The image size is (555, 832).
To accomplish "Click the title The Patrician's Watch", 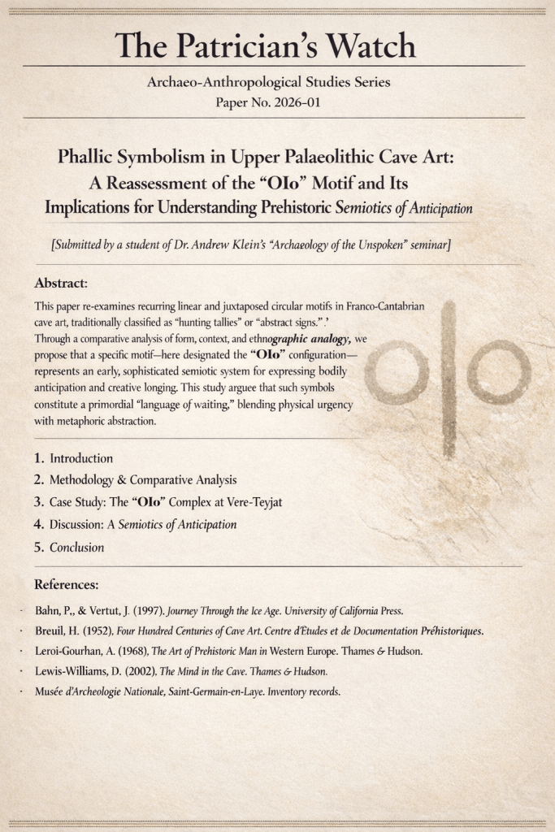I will pyautogui.click(x=265, y=45).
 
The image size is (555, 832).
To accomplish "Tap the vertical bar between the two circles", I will pyautogui.click(x=449, y=378).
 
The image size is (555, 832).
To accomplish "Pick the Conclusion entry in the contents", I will pyautogui.click(x=76, y=548).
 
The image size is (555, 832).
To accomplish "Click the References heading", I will pyautogui.click(x=67, y=584).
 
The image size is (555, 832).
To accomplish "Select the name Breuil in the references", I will pyautogui.click(x=50, y=631).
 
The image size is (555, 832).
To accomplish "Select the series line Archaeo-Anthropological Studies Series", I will pyautogui.click(x=269, y=83).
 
